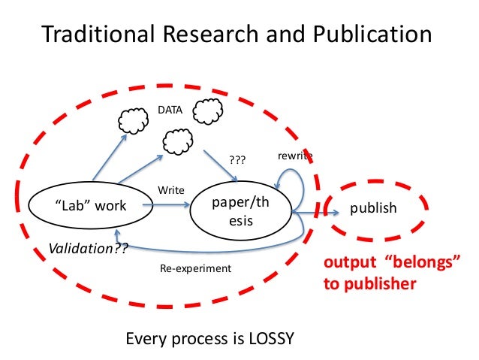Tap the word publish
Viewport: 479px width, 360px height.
pos(374,207)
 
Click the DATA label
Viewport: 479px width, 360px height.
pos(169,110)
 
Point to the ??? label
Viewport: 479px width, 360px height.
pos(237,159)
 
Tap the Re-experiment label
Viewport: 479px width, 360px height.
pos(197,268)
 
